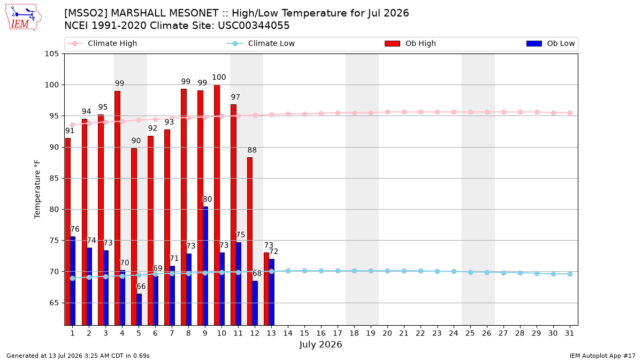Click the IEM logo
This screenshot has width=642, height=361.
pos(23,18)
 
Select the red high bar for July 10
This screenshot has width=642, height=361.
pos(217,205)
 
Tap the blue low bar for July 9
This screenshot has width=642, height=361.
pos(205,266)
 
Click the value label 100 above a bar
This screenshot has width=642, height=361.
pos(219,77)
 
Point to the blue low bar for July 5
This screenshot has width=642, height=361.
pos(139,310)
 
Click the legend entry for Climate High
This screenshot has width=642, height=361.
pos(102,43)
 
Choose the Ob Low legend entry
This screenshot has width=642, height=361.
pos(551,43)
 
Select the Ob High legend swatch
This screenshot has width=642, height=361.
pos(392,43)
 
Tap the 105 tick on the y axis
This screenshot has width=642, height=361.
pos(51,54)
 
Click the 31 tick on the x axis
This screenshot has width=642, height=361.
pos(569,333)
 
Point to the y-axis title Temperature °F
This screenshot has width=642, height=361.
pos(37,189)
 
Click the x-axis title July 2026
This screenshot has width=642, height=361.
pos(320,344)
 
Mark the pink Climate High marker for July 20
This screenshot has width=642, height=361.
pos(387,112)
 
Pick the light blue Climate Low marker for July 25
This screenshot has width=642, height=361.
pos(470,272)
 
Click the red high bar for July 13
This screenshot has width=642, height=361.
pos(266,289)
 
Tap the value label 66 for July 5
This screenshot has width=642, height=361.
pos(141,286)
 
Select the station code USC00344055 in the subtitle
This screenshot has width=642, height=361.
pos(254,26)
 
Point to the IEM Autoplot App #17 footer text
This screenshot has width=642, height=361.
pos(602,356)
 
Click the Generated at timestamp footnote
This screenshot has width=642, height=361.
pos(78,356)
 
